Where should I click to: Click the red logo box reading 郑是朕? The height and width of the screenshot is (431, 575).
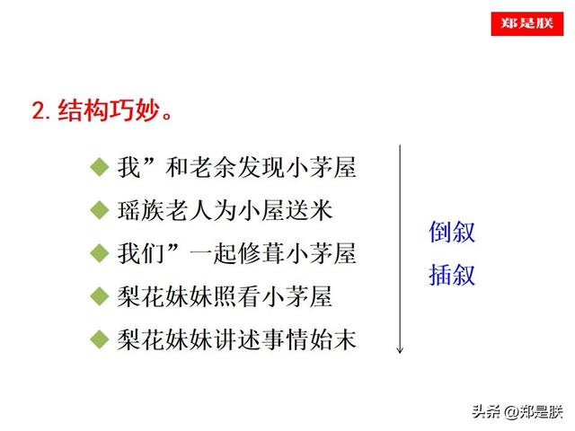tap(527, 24)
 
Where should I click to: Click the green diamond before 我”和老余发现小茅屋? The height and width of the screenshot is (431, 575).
tap(100, 167)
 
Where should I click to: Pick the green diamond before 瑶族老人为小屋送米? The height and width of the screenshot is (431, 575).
tap(100, 210)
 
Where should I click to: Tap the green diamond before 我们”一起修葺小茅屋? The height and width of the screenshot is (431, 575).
tap(100, 253)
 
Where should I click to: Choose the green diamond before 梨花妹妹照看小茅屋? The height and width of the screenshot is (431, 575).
tap(100, 296)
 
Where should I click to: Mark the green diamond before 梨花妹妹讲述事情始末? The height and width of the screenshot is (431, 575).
tap(100, 339)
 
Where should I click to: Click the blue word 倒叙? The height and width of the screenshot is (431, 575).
tap(452, 232)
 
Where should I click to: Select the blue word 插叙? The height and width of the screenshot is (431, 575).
tap(452, 275)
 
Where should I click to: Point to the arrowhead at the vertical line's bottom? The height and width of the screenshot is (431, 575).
tap(400, 350)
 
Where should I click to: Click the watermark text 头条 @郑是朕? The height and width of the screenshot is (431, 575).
tap(517, 412)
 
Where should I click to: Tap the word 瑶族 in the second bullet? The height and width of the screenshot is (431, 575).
tap(141, 211)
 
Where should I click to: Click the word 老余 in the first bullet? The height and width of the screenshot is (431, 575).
tap(213, 168)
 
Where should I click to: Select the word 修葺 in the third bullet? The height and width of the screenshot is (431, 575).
tap(261, 253)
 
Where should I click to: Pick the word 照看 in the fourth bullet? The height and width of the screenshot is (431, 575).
tap(237, 296)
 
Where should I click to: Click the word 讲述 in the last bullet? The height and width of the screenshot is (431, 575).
tap(237, 339)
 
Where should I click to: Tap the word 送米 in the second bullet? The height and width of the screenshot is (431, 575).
tap(309, 211)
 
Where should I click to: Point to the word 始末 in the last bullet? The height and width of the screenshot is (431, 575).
tap(333, 339)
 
